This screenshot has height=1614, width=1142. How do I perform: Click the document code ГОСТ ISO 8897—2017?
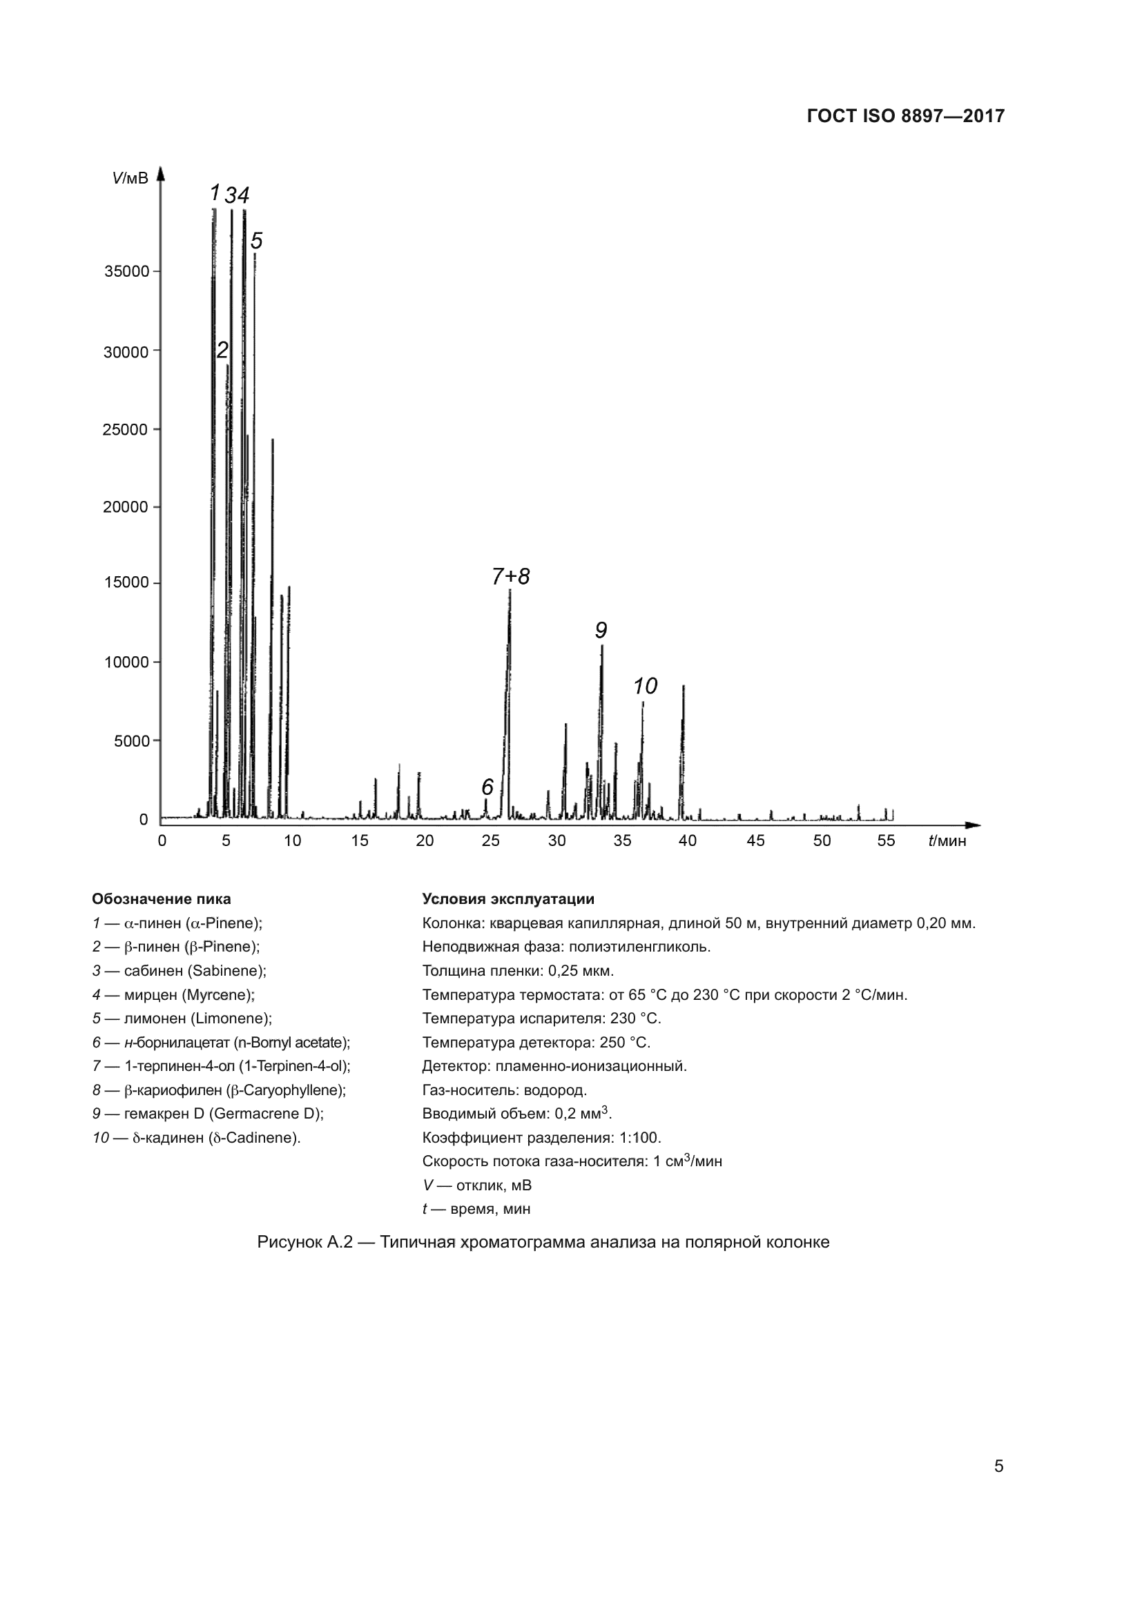(x=906, y=117)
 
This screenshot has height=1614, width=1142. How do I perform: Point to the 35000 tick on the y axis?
(x=126, y=271)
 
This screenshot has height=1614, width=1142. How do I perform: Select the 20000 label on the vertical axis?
(x=126, y=507)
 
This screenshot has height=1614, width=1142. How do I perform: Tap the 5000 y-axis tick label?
(x=131, y=741)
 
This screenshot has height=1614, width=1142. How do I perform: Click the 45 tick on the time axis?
(x=755, y=840)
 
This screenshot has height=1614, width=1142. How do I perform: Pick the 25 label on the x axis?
(x=490, y=840)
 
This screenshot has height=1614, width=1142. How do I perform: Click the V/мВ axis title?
(x=130, y=179)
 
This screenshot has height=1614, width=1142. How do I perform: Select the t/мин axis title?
(x=947, y=840)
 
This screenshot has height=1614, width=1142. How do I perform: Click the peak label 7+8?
(x=510, y=576)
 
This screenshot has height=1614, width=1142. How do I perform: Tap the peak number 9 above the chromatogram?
(x=601, y=631)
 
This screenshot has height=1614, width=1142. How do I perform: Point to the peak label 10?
(x=645, y=686)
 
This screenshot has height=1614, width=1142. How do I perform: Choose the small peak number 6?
(x=487, y=787)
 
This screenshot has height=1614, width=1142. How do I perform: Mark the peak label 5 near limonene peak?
(x=257, y=241)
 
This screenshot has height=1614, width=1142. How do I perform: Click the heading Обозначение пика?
(x=162, y=899)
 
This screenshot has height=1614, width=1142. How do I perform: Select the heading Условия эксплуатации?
(x=507, y=899)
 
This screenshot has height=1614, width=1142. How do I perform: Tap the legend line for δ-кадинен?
(x=196, y=1137)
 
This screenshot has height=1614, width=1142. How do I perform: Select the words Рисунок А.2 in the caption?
(x=304, y=1242)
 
